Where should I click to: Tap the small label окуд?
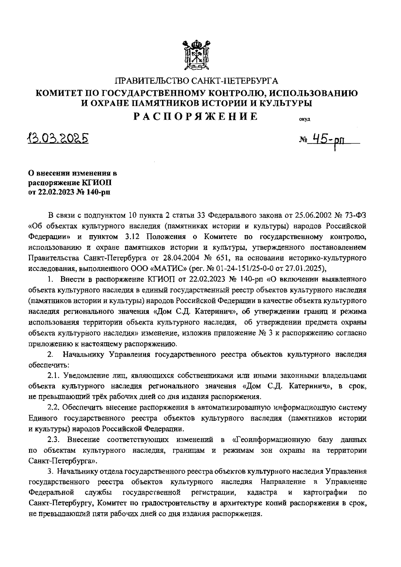pyautogui.click(x=305, y=120)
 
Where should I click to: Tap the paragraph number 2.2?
pyautogui.click(x=54, y=407)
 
